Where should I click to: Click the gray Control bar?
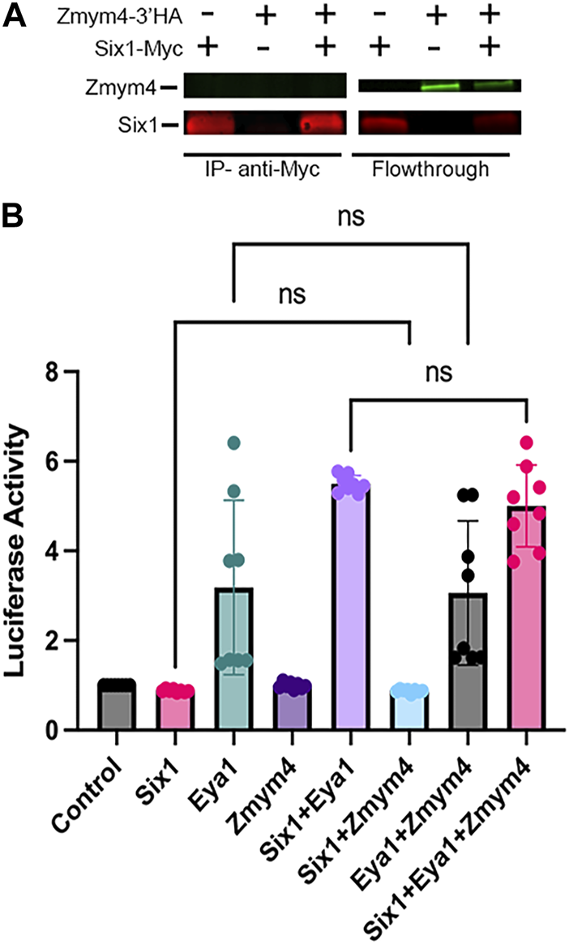pyautogui.click(x=117, y=705)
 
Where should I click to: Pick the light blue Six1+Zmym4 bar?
pyautogui.click(x=409, y=709)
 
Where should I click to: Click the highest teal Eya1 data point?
pyautogui.click(x=234, y=442)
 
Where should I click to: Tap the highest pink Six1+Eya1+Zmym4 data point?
pyautogui.click(x=527, y=442)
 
